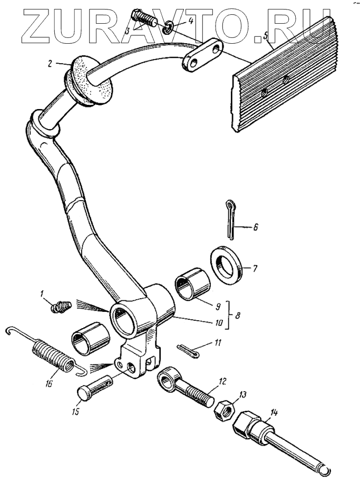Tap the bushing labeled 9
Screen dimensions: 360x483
pyautogui.click(x=192, y=285)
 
